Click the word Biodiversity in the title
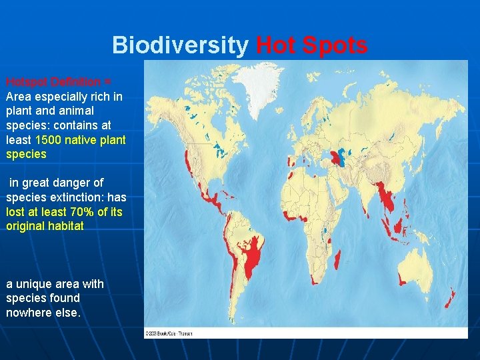click(180, 45)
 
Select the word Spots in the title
click(337, 45)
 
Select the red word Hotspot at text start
click(27, 82)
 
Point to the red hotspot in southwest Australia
click(402, 279)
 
